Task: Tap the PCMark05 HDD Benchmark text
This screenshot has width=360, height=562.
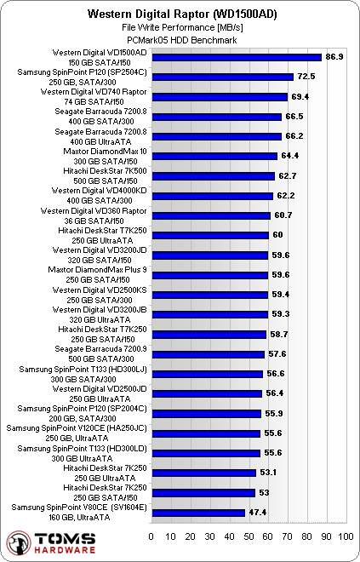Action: [x=180, y=40]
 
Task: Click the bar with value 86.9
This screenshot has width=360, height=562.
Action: [x=236, y=57]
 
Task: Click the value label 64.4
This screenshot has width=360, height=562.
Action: [x=292, y=156]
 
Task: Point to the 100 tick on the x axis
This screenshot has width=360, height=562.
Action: [x=346, y=538]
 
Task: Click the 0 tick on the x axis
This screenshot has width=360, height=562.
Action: [x=151, y=538]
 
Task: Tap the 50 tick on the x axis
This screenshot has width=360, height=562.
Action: [x=249, y=538]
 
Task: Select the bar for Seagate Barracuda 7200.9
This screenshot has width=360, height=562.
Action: [x=208, y=354]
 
